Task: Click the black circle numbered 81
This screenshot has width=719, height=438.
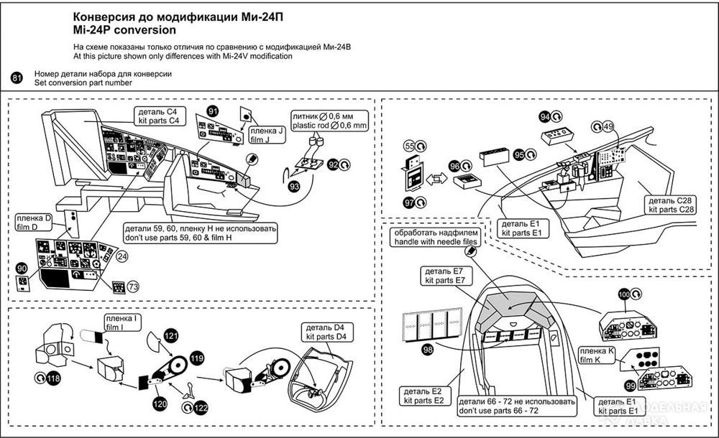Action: click(x=17, y=78)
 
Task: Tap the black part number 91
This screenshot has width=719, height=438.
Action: click(x=213, y=111)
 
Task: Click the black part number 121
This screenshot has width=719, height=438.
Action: click(x=170, y=335)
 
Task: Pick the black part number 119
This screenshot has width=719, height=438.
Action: click(x=196, y=358)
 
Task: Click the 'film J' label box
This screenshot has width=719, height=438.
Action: click(x=262, y=136)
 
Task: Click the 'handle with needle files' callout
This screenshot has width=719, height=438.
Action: click(x=435, y=238)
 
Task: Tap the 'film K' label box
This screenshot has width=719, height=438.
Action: click(x=594, y=355)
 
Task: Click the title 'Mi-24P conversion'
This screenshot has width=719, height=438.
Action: click(x=124, y=31)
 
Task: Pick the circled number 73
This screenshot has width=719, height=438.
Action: click(x=133, y=286)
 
